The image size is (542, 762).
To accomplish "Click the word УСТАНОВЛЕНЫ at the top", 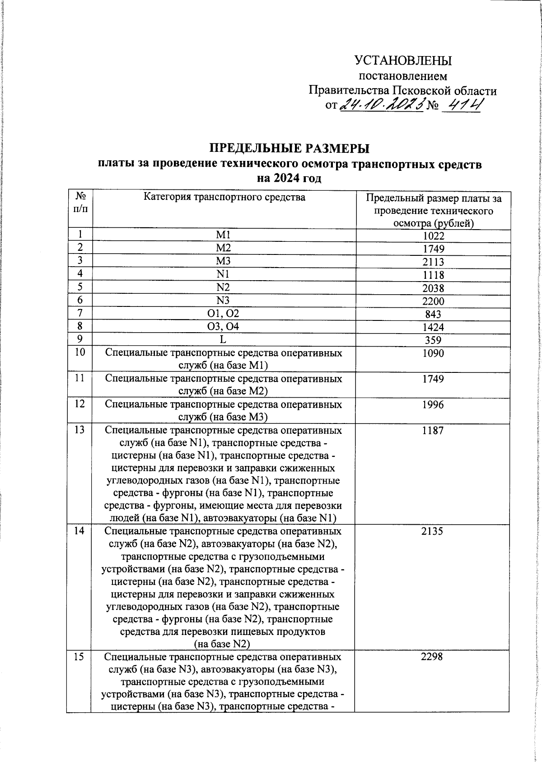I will click(403, 61).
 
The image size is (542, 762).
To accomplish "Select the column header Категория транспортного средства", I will click(224, 197).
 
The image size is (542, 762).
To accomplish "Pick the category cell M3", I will click(224, 261).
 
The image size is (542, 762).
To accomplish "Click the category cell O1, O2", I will click(224, 313).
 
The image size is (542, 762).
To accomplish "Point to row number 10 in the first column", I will click(79, 352).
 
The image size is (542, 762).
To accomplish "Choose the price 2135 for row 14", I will click(432, 532).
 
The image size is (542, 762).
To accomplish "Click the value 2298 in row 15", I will click(432, 657).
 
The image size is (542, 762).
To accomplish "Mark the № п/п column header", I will click(80, 202).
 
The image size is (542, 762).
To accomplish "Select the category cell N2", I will click(224, 287).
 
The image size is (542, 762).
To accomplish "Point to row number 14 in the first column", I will click(79, 531).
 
